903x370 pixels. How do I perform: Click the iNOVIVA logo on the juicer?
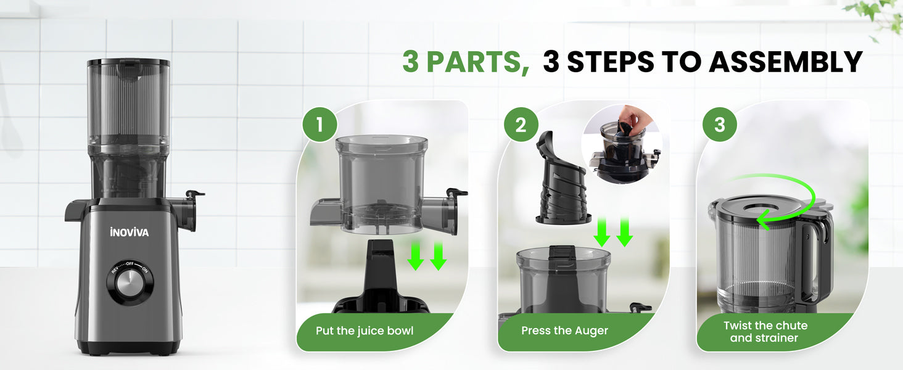click(130, 232)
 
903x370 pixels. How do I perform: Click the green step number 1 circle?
click(320, 125)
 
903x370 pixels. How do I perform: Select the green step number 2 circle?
click(521, 125)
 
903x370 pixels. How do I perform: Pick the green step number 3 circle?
click(720, 125)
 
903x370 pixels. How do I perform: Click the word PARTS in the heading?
click(477, 62)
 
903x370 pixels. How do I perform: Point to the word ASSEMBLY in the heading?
click(785, 62)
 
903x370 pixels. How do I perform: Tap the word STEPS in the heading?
click(611, 62)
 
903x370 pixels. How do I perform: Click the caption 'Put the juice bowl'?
click(365, 331)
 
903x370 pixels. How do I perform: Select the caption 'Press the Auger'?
click(564, 331)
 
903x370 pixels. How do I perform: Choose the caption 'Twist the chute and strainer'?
click(765, 331)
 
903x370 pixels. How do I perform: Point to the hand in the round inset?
click(637, 117)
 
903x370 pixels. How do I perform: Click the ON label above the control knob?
click(144, 269)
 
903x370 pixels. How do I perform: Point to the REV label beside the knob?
click(115, 269)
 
